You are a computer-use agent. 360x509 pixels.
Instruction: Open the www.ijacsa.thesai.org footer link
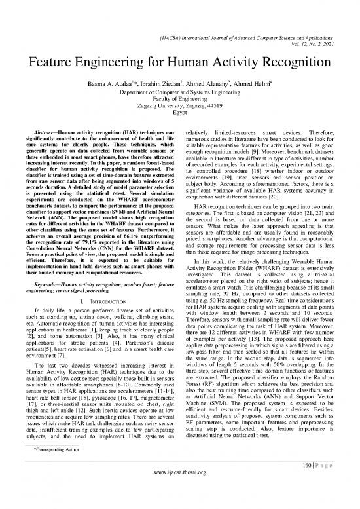pyautogui.click(x=180, y=496)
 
